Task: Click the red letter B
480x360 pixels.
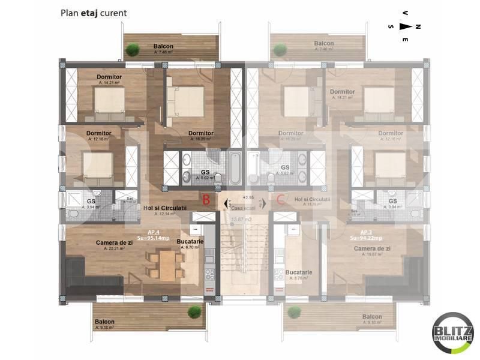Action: [x=206, y=200]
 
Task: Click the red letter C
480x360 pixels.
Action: [x=281, y=200]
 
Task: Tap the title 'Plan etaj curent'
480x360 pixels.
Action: [x=92, y=13]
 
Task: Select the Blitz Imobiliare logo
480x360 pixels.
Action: [x=453, y=333]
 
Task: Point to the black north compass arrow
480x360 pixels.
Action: [x=406, y=26]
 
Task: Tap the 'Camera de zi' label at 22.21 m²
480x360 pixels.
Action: [x=115, y=243]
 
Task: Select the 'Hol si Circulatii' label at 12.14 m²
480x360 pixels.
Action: [x=165, y=208]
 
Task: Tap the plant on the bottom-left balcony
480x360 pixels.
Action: [x=194, y=311]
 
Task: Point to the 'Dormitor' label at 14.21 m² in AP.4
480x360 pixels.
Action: [x=109, y=77]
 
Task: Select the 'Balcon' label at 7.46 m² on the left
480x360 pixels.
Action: [x=163, y=46]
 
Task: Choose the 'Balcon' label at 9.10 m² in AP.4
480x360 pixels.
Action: [x=104, y=322]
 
